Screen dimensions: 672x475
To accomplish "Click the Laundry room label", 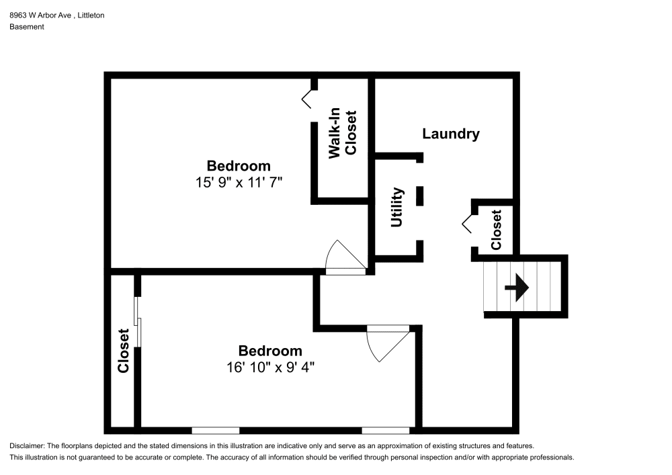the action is click(451, 134).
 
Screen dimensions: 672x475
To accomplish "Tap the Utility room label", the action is click(397, 208).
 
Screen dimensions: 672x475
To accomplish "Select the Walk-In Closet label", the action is click(342, 133).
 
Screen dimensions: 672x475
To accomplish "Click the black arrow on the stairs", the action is click(517, 288).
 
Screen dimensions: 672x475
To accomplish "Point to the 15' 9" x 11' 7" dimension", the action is click(239, 183).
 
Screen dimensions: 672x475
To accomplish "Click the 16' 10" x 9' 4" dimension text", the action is click(270, 368).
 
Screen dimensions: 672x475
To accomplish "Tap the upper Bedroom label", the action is click(239, 166).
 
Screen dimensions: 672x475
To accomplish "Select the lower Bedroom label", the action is click(270, 351).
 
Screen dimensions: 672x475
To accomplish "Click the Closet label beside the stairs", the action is click(497, 230).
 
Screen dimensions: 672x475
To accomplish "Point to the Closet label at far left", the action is click(124, 351).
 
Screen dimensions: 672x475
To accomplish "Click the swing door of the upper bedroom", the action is click(345, 257).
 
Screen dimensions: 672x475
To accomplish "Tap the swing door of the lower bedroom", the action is click(388, 343).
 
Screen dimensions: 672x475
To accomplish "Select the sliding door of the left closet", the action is click(138, 321).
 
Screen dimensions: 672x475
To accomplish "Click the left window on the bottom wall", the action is click(215, 431).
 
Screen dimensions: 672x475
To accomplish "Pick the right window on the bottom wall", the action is click(386, 431).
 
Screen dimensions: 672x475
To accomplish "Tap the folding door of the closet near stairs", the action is click(468, 224).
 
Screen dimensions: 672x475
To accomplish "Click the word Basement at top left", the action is click(27, 27).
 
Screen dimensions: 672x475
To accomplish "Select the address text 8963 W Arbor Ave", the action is click(40, 15).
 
